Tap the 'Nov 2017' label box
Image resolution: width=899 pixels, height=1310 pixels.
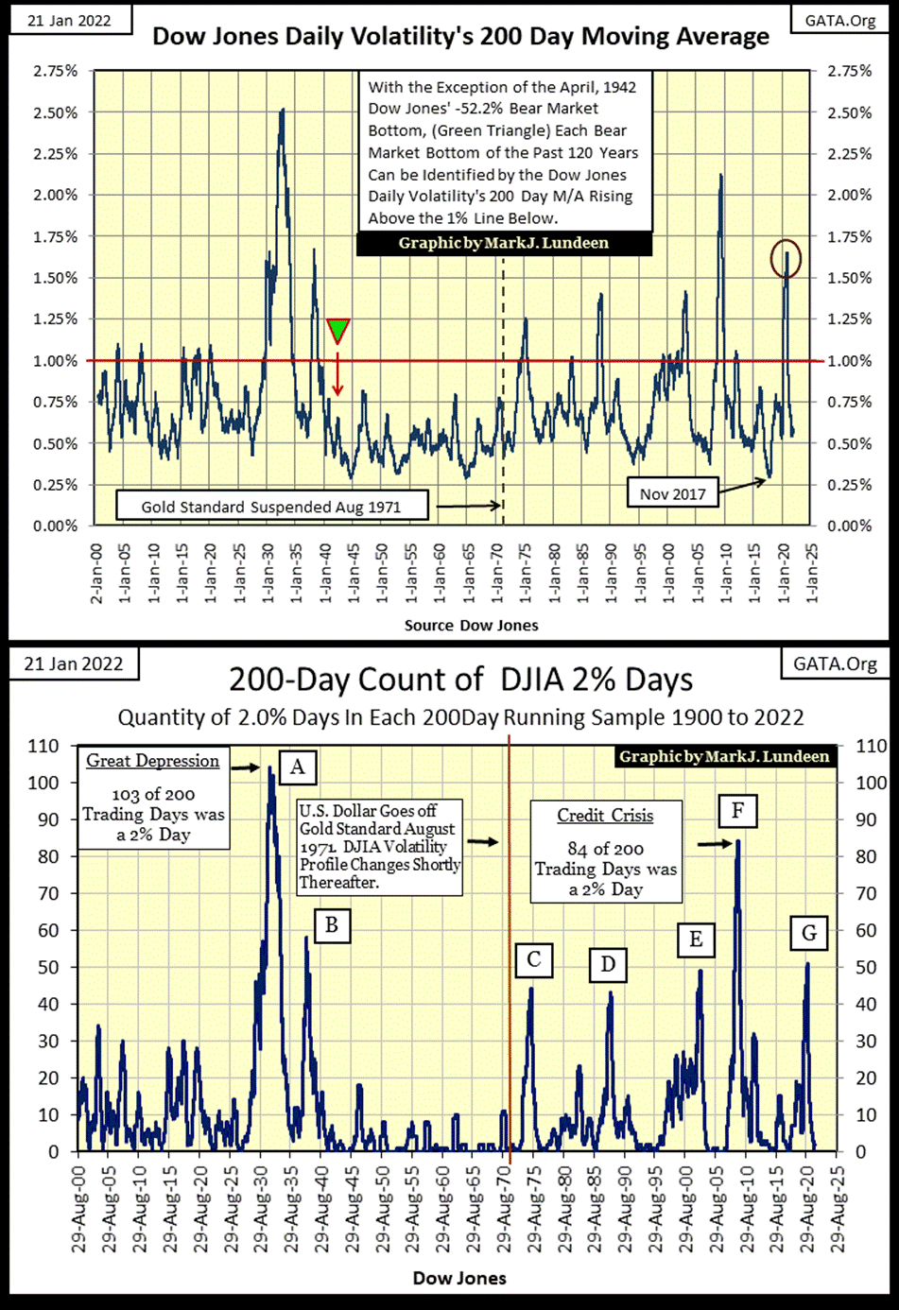(673, 493)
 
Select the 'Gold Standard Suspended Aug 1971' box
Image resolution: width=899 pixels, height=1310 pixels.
(271, 507)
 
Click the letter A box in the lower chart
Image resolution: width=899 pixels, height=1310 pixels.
(297, 767)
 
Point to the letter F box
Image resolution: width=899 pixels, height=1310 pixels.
(737, 811)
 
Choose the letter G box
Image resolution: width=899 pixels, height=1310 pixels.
(809, 933)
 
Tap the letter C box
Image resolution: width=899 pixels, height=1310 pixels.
(534, 960)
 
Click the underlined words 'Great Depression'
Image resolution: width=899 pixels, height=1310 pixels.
(153, 761)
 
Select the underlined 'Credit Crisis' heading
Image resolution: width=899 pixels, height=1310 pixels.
(605, 815)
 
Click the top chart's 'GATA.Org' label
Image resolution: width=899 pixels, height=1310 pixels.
(839, 20)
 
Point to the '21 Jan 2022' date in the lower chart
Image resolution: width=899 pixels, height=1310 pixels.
(74, 664)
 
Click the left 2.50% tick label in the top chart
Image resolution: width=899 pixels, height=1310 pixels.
(55, 112)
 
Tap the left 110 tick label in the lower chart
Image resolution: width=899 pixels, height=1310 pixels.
(43, 746)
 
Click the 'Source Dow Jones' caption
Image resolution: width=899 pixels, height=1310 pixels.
(471, 625)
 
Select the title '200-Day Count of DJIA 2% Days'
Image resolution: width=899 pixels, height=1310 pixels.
(460, 680)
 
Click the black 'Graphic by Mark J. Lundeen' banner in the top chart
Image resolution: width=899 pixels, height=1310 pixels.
(504, 243)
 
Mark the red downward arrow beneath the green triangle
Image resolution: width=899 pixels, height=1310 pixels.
(337, 373)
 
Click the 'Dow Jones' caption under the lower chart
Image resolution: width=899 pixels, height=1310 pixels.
(459, 1278)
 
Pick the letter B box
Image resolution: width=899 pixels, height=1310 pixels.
(332, 924)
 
